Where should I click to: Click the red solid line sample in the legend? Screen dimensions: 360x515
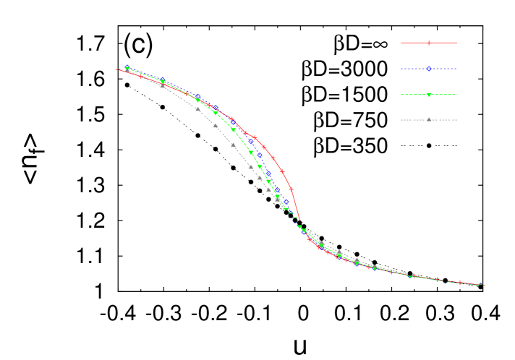coord(416,43)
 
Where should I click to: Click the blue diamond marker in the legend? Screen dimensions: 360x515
coord(429,69)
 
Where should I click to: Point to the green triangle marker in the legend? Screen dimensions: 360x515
coord(429,95)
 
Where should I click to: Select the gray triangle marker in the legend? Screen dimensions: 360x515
coord(429,119)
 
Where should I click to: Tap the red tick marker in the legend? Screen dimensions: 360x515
coord(429,43)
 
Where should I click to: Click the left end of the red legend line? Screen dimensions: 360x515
coord(401,43)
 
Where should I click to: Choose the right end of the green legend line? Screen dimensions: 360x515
coord(456,95)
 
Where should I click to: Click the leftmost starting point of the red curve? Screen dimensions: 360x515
coord(116,69)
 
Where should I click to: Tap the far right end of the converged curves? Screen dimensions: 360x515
coord(485,285)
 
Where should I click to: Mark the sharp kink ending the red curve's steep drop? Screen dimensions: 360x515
coord(299,220)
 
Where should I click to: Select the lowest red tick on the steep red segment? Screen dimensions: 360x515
coord(291,189)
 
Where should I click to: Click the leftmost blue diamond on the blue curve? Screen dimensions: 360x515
coord(127,69)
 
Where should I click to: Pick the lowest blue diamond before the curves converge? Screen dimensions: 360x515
coord(286,202)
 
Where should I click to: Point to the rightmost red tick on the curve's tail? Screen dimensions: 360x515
coord(460,282)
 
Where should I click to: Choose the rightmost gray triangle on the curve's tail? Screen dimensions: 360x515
coord(357,260)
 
